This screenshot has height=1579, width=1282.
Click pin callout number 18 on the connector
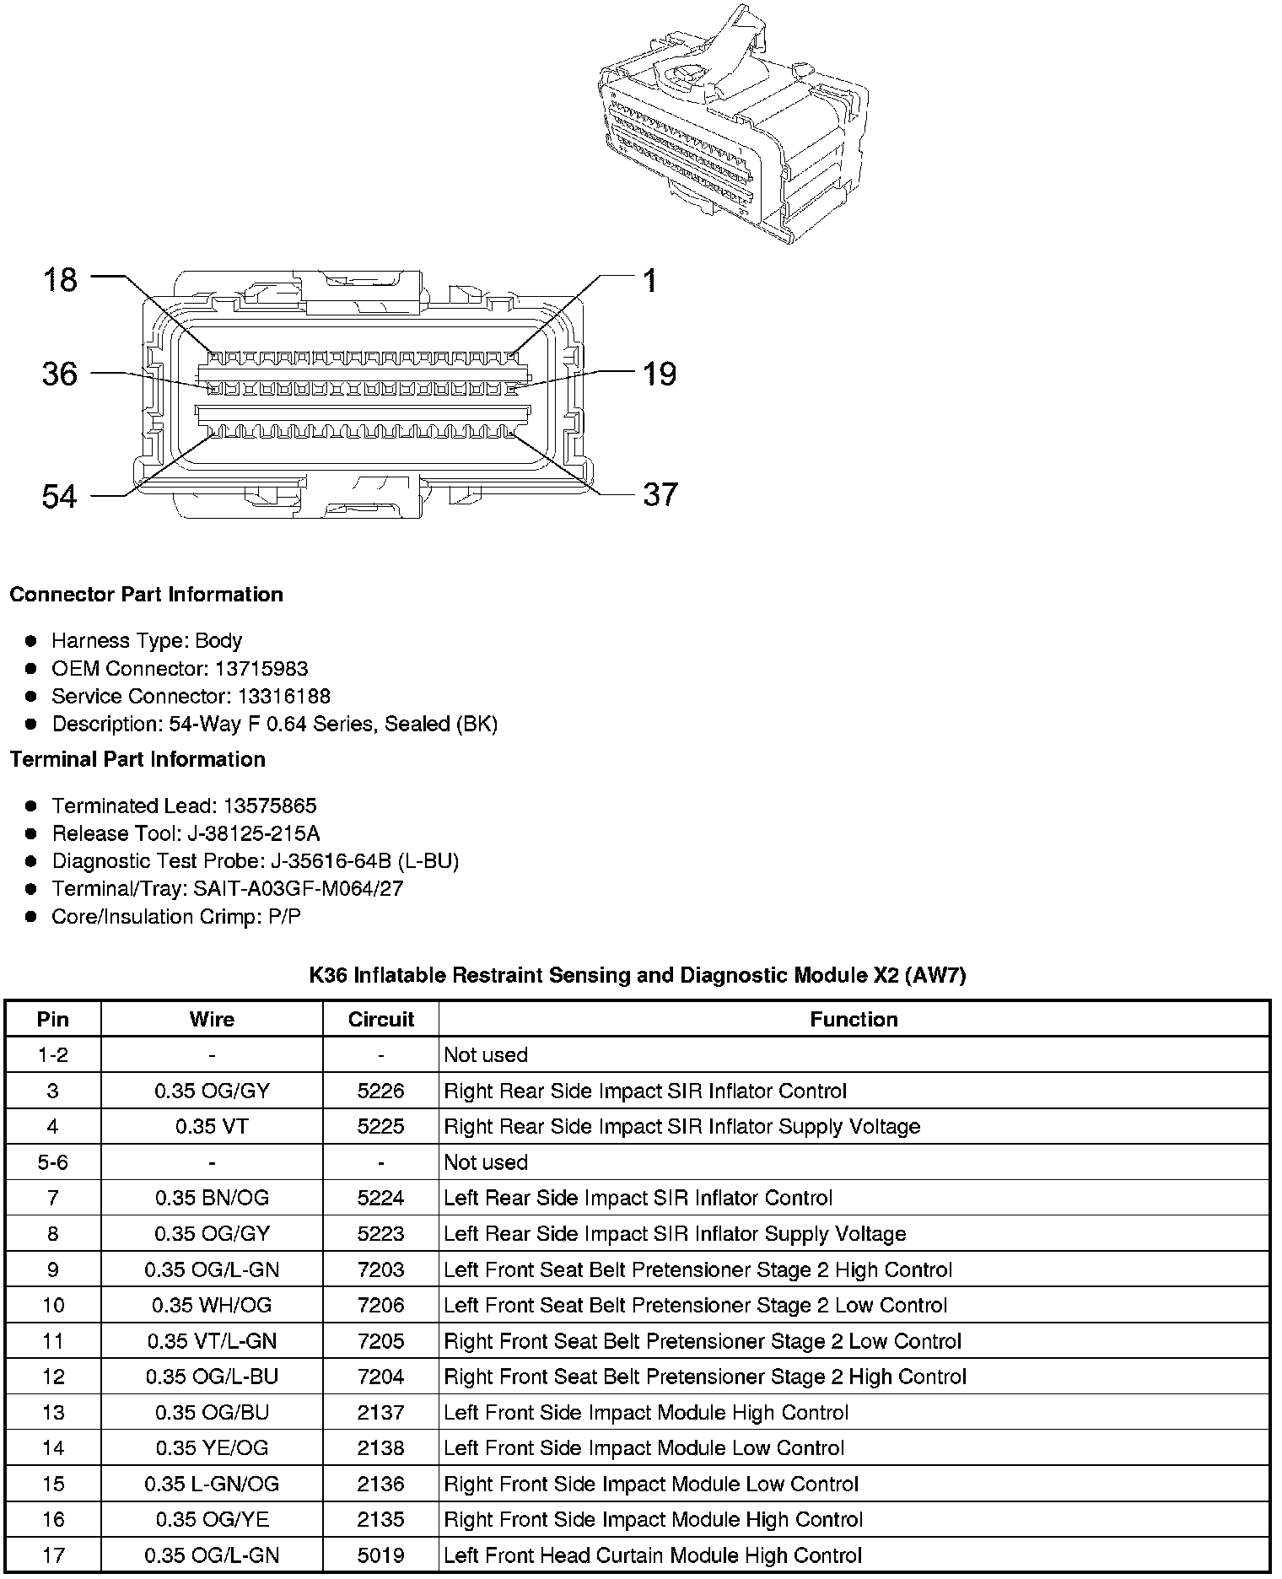pos(60,280)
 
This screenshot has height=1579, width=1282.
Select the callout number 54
pos(60,497)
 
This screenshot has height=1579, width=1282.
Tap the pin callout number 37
pos(660,495)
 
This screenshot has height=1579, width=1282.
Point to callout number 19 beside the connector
pos(660,374)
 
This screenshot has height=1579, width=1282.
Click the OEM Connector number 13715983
pos(261,669)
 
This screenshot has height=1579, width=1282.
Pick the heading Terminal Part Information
pos(137,759)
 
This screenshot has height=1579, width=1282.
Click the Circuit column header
pos(381,1019)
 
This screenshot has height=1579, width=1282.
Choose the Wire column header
pos(212,1019)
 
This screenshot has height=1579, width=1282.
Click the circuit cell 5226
pos(381,1091)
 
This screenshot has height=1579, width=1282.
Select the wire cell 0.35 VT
pos(212,1126)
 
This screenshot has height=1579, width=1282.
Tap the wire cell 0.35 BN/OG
pos(212,1198)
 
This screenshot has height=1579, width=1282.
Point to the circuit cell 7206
pos(381,1306)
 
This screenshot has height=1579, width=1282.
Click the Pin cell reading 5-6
pos(52,1162)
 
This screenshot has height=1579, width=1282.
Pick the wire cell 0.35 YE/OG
pos(212,1448)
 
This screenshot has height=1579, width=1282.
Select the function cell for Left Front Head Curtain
pos(653,1555)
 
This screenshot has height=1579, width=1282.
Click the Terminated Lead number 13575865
pos(270,806)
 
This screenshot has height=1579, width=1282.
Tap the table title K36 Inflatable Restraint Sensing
pos(637,976)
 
